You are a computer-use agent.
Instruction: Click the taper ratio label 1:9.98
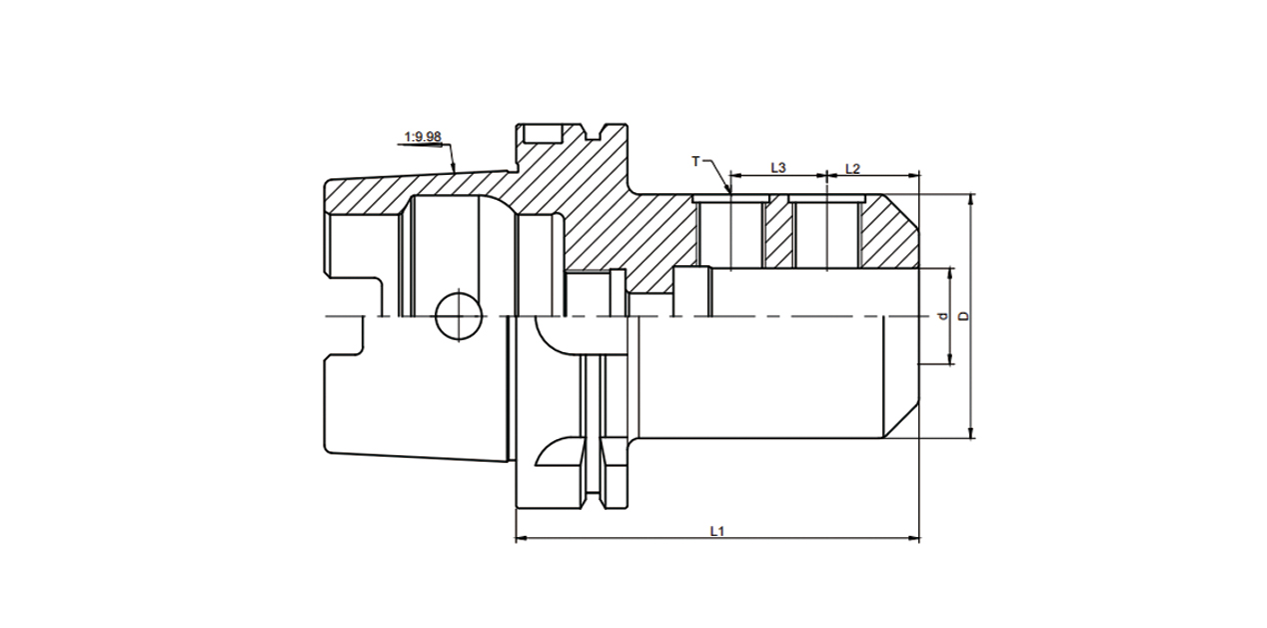[421, 136]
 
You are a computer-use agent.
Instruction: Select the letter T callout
[696, 161]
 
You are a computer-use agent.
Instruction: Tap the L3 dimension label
[778, 168]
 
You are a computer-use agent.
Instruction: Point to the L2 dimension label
[852, 168]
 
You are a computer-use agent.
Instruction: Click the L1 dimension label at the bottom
[716, 531]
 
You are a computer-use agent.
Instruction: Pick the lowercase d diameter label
[941, 316]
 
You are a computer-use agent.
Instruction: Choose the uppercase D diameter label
[963, 316]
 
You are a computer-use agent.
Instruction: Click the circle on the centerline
[458, 316]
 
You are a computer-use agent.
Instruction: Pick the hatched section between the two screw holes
[778, 238]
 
